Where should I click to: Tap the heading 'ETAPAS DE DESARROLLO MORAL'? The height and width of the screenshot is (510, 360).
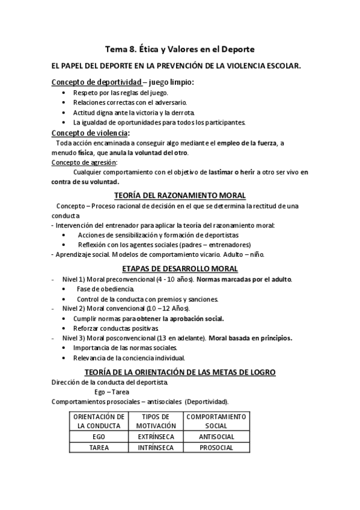point(180,268)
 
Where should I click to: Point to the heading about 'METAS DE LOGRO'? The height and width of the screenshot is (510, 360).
point(180,372)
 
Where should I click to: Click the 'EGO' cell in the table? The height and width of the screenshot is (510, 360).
point(99,436)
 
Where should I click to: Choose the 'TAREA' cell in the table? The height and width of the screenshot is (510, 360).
point(99,448)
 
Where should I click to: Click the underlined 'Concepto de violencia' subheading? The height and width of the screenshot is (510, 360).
point(90,133)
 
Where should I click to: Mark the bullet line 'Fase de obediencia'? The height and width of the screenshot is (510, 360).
point(100,289)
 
